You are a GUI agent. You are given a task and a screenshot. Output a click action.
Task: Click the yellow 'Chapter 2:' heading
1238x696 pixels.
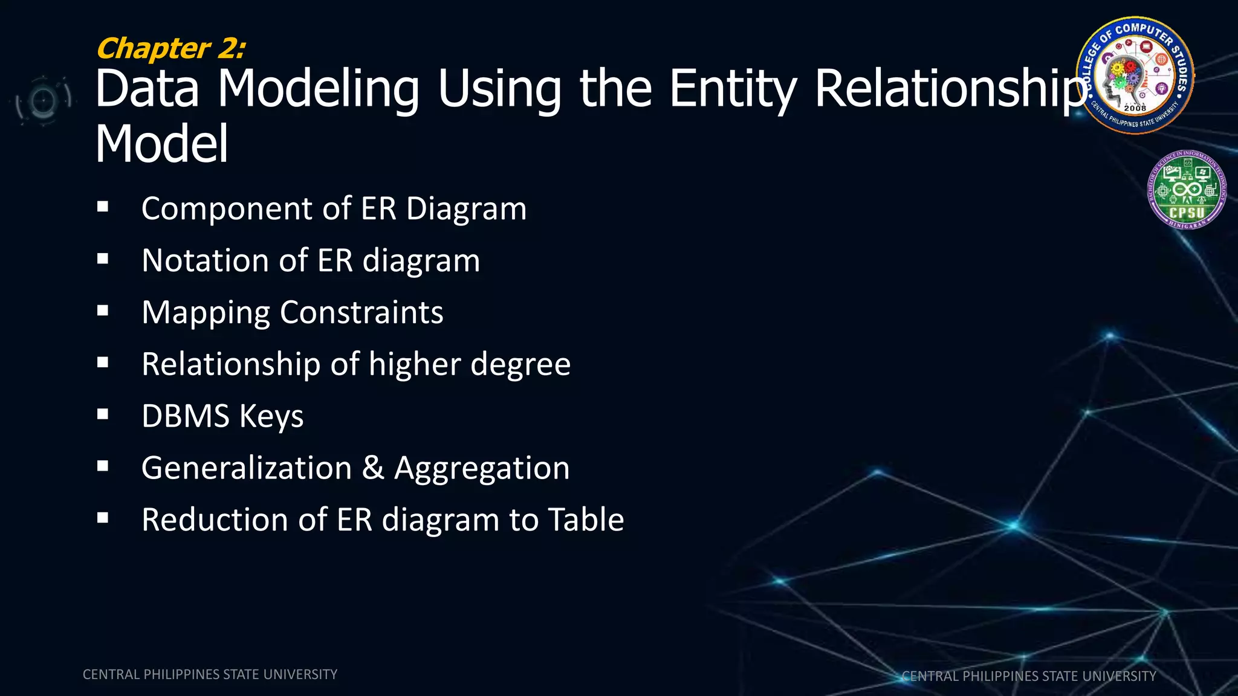click(x=171, y=48)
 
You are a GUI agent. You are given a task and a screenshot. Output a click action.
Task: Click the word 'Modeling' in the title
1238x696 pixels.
click(x=318, y=89)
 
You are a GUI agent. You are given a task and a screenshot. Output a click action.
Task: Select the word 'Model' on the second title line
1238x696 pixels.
click(x=162, y=144)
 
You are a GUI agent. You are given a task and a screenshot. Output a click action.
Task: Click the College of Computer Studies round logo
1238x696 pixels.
click(x=1135, y=75)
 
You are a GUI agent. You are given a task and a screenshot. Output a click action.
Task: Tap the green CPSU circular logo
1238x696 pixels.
click(x=1187, y=190)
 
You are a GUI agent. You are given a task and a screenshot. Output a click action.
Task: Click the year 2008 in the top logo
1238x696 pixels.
click(x=1135, y=108)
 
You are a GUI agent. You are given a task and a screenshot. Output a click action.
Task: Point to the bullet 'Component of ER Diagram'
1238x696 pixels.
click(x=334, y=209)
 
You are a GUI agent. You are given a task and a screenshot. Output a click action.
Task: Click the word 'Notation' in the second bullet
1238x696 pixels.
click(x=204, y=260)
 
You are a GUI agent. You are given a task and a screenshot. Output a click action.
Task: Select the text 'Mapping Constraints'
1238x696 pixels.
click(x=293, y=313)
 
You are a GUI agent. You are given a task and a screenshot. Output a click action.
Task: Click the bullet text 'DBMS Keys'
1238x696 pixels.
click(x=222, y=416)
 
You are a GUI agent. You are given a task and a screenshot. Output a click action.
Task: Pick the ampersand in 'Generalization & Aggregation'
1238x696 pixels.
click(x=373, y=468)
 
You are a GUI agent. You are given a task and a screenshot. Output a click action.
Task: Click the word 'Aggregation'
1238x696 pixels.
click(x=482, y=469)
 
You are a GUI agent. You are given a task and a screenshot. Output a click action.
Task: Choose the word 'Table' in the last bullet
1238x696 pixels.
click(x=586, y=520)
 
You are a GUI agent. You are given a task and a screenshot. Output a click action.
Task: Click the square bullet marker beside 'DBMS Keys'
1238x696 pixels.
click(x=103, y=414)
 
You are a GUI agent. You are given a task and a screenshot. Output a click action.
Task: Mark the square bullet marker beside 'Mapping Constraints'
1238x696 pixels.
click(x=103, y=311)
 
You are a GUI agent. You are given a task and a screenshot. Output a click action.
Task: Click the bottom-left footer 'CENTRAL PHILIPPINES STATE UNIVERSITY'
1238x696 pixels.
click(x=210, y=674)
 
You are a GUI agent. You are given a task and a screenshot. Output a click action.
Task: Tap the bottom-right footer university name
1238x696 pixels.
click(x=1029, y=676)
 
